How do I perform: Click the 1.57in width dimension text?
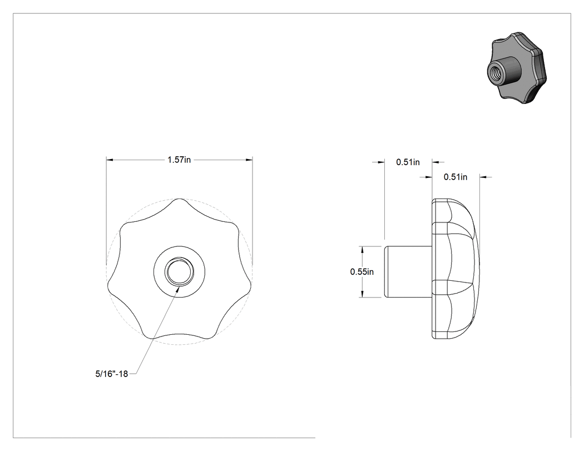click(x=179, y=160)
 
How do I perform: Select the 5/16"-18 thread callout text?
click(x=112, y=374)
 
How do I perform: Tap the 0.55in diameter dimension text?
click(x=362, y=272)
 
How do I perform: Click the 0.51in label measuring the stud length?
click(x=408, y=162)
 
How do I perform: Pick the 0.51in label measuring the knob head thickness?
click(x=455, y=177)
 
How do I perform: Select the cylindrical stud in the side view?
click(x=408, y=271)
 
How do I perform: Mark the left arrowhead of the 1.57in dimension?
click(x=110, y=160)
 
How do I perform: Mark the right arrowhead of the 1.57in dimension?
click(x=249, y=160)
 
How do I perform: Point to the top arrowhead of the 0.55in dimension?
click(x=362, y=249)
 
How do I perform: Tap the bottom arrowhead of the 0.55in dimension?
click(x=362, y=294)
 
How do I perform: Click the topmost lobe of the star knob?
click(x=180, y=199)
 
